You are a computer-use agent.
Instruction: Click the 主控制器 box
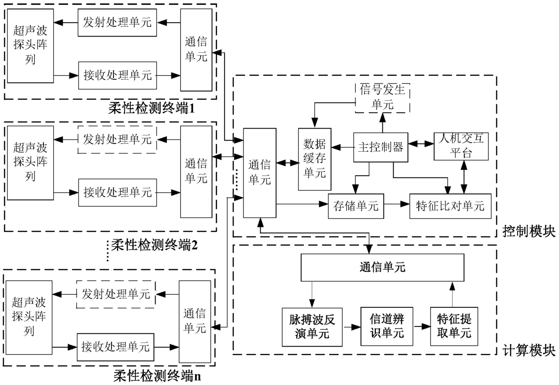tap(380, 147)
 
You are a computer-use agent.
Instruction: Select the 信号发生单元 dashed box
tap(382, 98)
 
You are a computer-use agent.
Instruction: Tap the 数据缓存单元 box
tap(315, 159)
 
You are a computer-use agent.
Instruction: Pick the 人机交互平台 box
tap(461, 146)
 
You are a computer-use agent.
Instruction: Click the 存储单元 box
tap(356, 206)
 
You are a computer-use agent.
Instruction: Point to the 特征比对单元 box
tap(450, 206)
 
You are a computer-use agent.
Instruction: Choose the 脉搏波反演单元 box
tap(312, 327)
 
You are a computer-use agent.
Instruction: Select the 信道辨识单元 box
tap(386, 326)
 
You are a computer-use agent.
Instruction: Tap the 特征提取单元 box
tap(454, 326)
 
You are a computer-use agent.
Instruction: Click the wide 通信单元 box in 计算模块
tap(382, 268)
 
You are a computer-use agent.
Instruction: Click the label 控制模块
tap(529, 231)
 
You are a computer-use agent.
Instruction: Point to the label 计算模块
tap(529, 350)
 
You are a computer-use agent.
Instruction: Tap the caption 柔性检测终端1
tap(151, 108)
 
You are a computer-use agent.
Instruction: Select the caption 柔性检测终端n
tap(157, 376)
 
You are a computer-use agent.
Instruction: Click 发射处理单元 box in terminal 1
tap(117, 23)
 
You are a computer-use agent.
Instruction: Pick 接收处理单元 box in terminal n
tap(115, 347)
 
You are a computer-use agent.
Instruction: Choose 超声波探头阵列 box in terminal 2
tap(30, 162)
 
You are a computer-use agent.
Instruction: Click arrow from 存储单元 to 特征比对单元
tap(397, 204)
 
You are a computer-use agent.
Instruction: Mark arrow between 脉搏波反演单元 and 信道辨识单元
tap(352, 327)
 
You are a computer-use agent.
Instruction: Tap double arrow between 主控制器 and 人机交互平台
tap(421, 144)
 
